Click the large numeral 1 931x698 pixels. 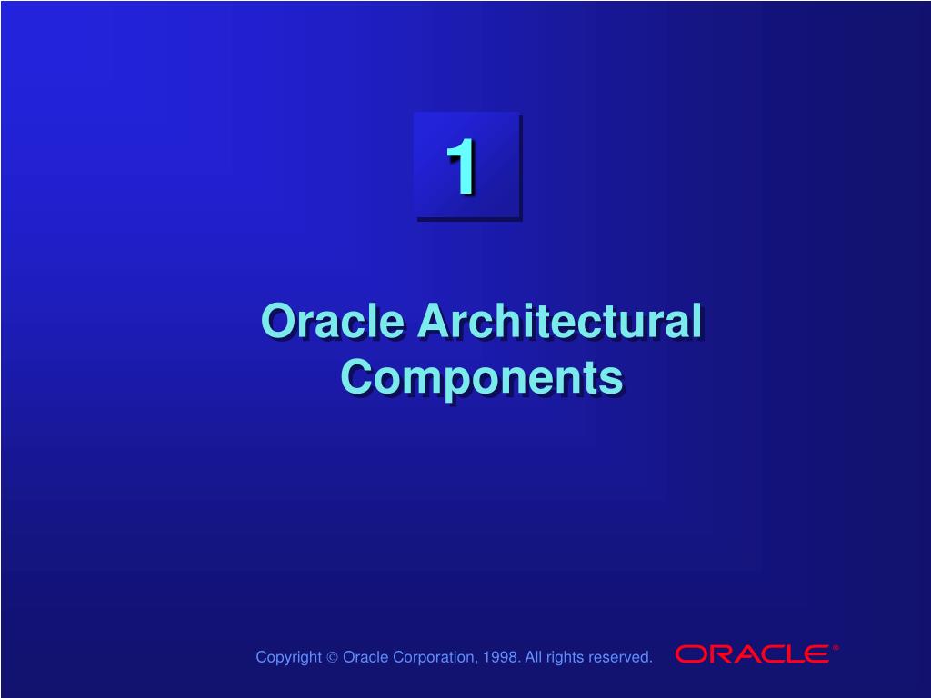pos(461,166)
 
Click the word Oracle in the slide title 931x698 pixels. pos(333,321)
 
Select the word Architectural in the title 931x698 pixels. pos(560,321)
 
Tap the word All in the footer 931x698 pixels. pos(533,657)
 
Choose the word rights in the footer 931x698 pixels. pos(564,658)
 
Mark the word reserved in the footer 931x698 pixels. pos(618,657)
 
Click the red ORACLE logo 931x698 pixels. pos(752,654)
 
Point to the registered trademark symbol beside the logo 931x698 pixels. pos(836,648)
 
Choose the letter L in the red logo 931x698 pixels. pos(789,654)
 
